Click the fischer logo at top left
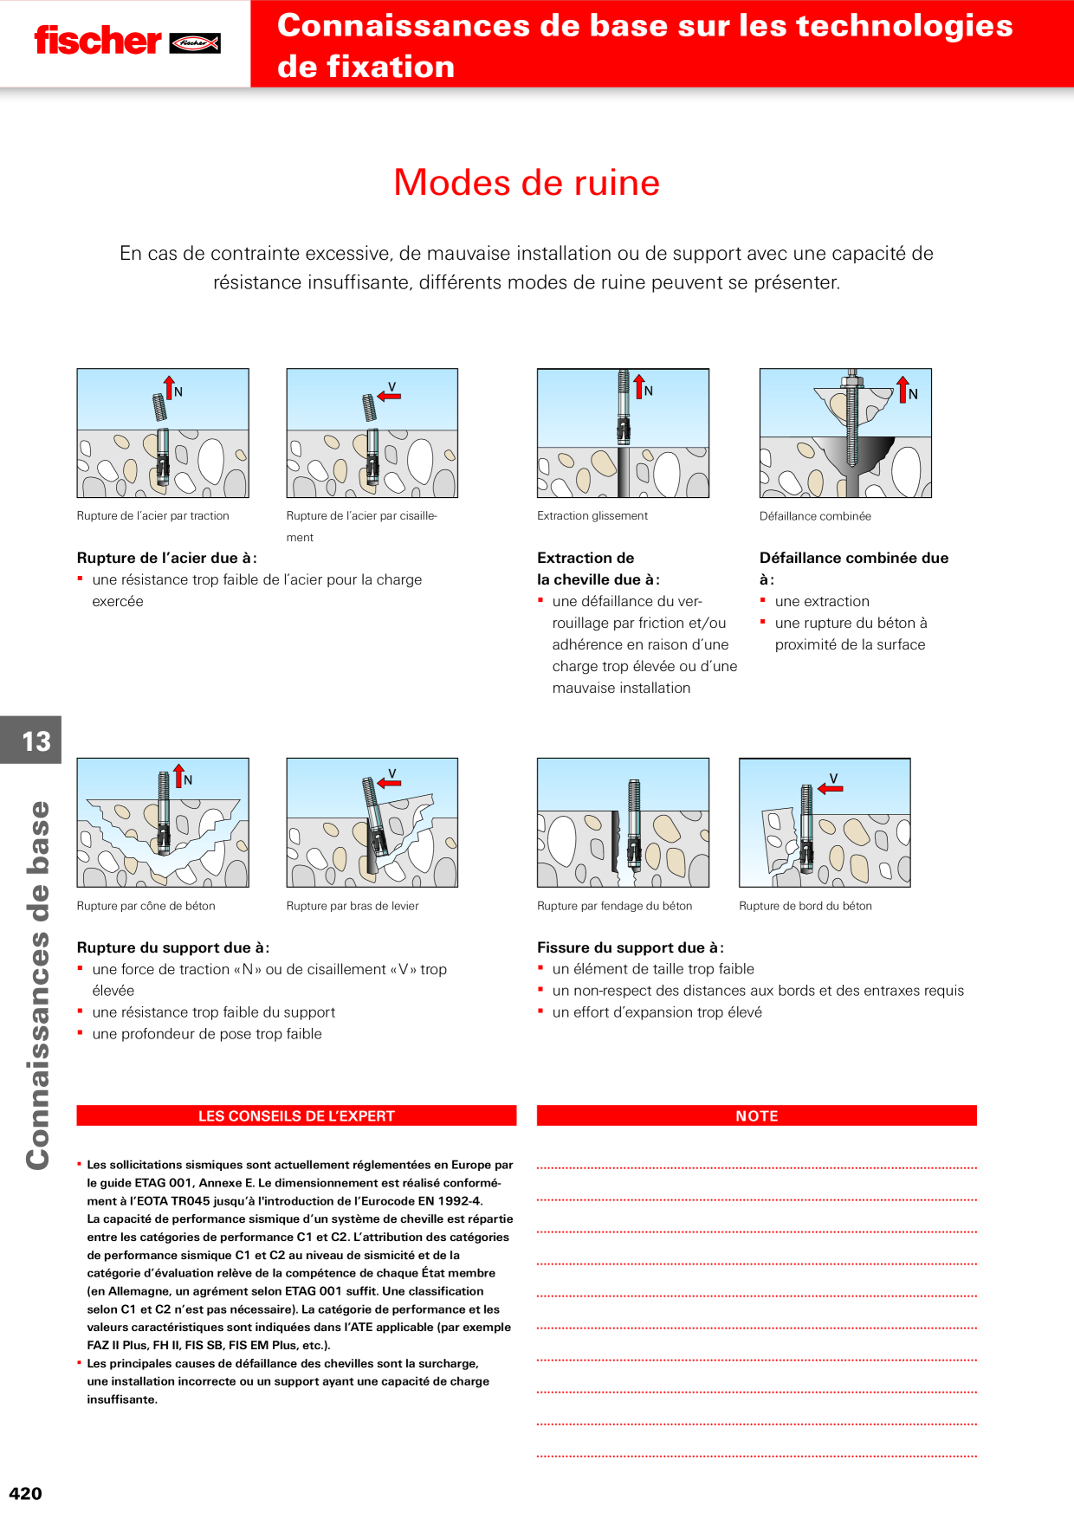(127, 41)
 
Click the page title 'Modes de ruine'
(527, 183)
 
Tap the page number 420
(25, 1493)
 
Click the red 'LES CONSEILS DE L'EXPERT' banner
(296, 1115)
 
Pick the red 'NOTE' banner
(756, 1115)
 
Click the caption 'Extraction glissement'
(592, 516)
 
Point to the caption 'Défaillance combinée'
(815, 516)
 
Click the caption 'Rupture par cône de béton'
(146, 906)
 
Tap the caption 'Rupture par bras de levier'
(353, 906)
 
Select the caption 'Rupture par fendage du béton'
(615, 906)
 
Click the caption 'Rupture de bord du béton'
(805, 906)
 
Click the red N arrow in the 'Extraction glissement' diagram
(639, 386)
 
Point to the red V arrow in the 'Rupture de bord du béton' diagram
(831, 788)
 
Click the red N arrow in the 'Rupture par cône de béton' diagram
(178, 776)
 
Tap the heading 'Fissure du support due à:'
(631, 947)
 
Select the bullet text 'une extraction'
(822, 601)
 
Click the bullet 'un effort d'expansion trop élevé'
(657, 1012)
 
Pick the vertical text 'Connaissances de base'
(37, 986)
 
